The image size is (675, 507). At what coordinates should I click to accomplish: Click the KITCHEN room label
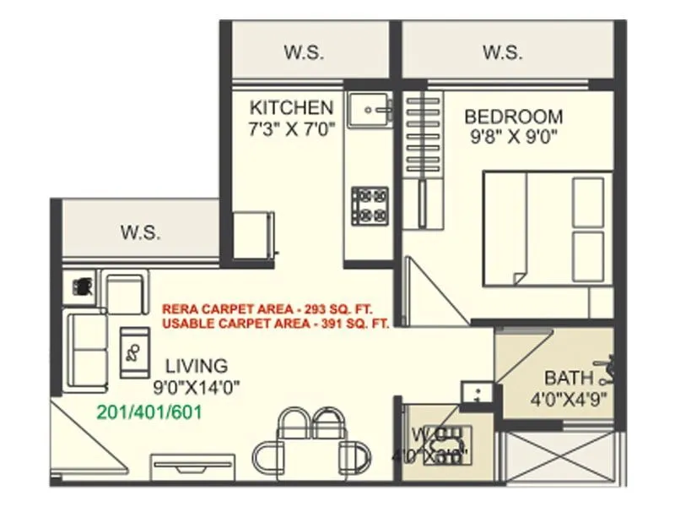tap(292, 108)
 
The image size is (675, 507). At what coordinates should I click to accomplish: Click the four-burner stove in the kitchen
tap(370, 205)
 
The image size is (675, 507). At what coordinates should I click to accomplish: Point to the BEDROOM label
tap(513, 117)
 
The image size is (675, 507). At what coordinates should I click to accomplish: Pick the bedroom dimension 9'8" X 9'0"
tap(513, 135)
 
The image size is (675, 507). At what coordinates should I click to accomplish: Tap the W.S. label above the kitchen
tap(302, 52)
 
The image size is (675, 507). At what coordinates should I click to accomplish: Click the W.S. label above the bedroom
tap(503, 52)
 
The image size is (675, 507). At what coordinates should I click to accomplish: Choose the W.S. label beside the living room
tap(140, 232)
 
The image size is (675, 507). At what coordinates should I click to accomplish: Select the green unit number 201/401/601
tap(149, 412)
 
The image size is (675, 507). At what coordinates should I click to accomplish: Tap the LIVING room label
tap(196, 366)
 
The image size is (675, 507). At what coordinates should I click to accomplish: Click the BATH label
tap(569, 378)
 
